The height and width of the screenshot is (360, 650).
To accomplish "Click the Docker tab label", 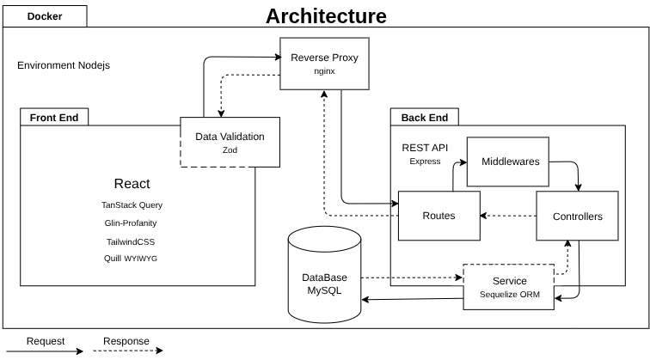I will tap(44, 16).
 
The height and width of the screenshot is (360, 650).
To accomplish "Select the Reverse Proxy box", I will tap(324, 64).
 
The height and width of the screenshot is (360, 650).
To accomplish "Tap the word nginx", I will tap(324, 72).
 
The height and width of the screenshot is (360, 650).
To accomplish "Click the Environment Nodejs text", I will tap(64, 65).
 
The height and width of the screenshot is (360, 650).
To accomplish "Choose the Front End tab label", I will tap(53, 118).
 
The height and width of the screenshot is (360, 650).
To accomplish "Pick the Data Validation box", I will tap(230, 142).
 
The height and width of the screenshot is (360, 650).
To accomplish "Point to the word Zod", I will tap(230, 150).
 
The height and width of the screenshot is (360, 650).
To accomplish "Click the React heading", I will tap(132, 183).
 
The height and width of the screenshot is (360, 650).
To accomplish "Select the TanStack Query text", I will tap(132, 205).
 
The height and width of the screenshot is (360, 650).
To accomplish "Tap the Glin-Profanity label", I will tap(132, 223).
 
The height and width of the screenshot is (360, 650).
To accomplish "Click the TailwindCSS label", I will tap(132, 241).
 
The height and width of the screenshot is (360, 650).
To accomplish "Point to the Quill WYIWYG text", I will tap(132, 259).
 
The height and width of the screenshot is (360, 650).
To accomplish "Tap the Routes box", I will tap(438, 216).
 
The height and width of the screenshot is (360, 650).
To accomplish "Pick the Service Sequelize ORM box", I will tap(509, 286).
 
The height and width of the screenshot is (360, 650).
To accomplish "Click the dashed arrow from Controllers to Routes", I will tap(507, 216).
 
